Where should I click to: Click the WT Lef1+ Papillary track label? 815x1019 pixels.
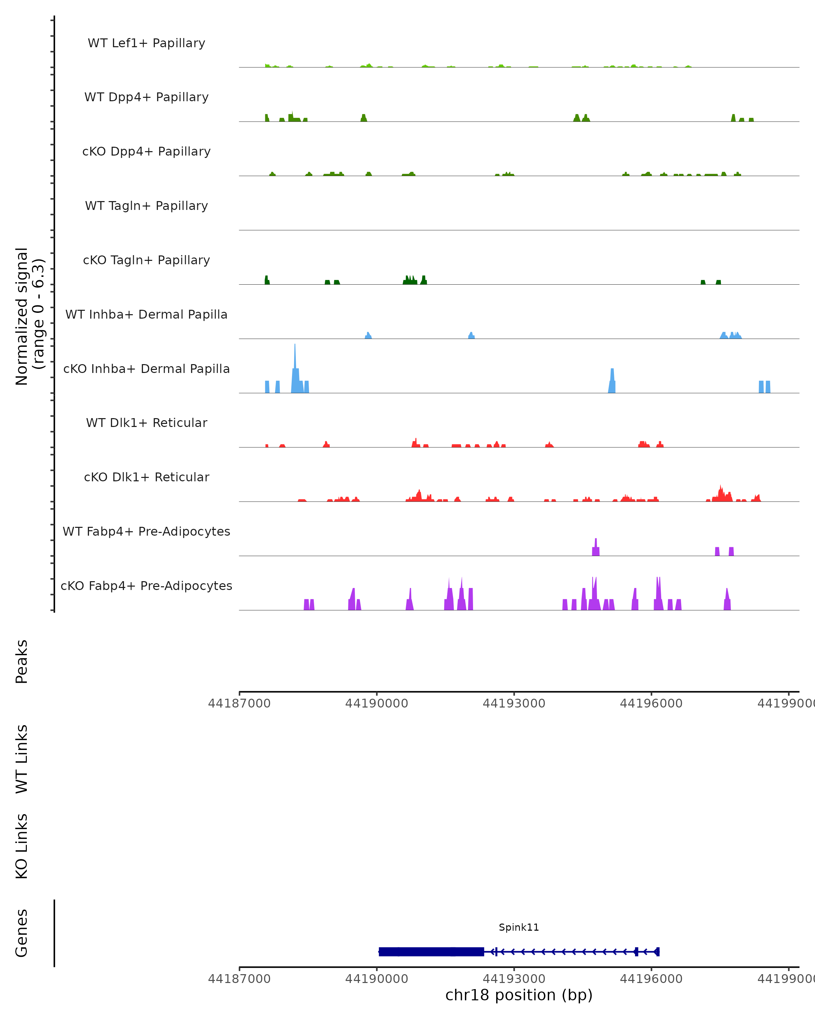pyautogui.click(x=146, y=43)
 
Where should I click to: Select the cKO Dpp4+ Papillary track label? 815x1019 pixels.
pyautogui.click(x=146, y=152)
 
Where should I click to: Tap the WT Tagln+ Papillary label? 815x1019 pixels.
pyautogui.click(x=146, y=206)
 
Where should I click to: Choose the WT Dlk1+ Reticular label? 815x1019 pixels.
pyautogui.click(x=146, y=423)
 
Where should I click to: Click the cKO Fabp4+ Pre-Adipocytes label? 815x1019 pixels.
pyautogui.click(x=146, y=586)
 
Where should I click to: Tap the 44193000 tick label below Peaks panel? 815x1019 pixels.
pyautogui.click(x=514, y=703)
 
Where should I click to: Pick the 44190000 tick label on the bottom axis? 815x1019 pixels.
pyautogui.click(x=377, y=979)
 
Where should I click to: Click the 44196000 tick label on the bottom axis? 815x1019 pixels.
pyautogui.click(x=651, y=979)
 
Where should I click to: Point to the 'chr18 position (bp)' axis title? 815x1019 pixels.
pyautogui.click(x=519, y=995)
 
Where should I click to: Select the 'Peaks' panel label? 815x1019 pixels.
pyautogui.click(x=22, y=662)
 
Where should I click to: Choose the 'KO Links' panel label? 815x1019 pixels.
pyautogui.click(x=22, y=846)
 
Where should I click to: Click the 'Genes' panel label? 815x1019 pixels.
pyautogui.click(x=22, y=933)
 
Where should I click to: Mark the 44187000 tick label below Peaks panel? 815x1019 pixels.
pyautogui.click(x=239, y=703)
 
